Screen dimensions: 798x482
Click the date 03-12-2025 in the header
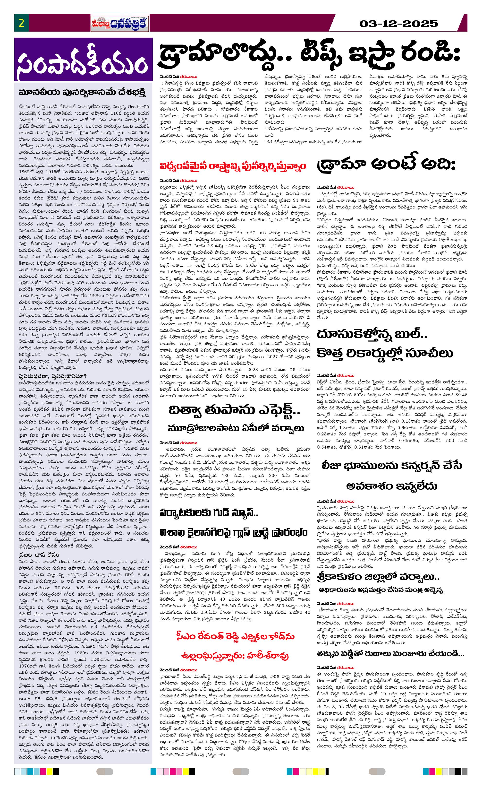(x=398, y=24)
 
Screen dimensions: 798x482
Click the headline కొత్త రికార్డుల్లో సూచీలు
(x=385, y=353)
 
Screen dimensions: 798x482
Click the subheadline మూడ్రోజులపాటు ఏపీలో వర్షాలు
(x=236, y=428)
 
